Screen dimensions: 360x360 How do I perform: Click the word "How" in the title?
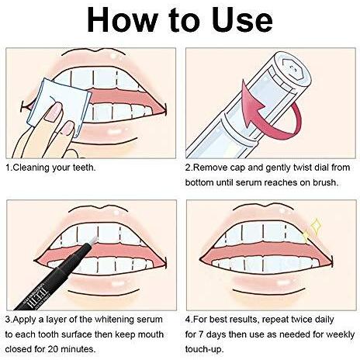click(123, 20)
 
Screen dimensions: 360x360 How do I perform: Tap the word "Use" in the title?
click(242, 20)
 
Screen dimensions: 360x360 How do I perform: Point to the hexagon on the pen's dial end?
click(293, 68)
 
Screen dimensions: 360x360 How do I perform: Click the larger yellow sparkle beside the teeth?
click(316, 227)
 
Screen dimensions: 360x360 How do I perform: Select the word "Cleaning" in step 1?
click(31, 168)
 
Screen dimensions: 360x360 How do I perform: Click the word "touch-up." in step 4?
click(204, 350)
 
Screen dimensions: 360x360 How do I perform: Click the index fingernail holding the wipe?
click(54, 112)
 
